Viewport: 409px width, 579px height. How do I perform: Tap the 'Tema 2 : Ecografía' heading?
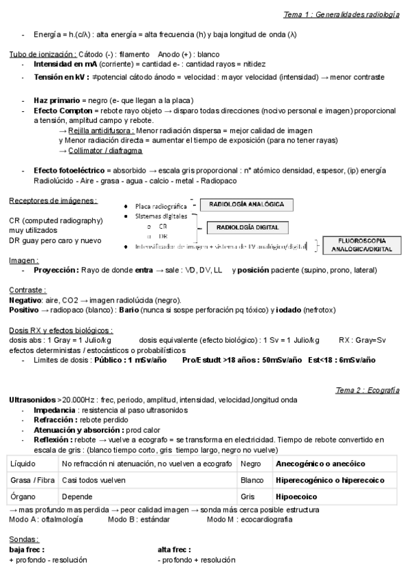tap(367, 390)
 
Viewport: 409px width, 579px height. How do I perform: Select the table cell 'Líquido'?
tap(24, 464)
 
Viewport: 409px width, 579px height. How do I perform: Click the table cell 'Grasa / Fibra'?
tap(31, 480)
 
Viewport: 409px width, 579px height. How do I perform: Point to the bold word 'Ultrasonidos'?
tap(33, 399)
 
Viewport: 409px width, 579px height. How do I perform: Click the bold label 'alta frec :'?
tap(174, 549)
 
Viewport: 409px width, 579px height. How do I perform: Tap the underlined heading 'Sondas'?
tap(23, 539)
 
